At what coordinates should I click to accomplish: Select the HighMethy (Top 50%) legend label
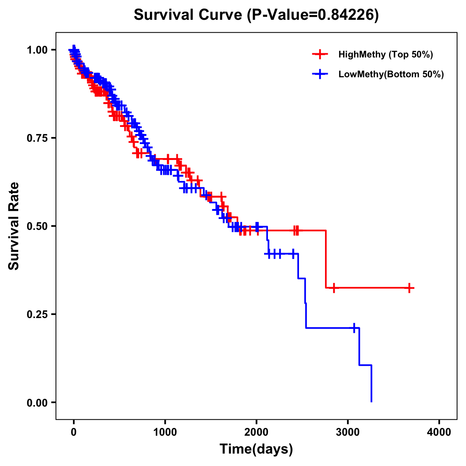click(385, 54)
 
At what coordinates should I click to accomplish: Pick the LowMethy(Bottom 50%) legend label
click(391, 74)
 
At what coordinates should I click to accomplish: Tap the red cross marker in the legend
click(320, 54)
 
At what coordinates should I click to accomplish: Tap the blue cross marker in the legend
click(320, 74)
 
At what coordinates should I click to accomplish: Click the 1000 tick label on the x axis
click(165, 432)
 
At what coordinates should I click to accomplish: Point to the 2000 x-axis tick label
click(256, 432)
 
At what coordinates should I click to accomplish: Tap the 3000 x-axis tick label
click(348, 432)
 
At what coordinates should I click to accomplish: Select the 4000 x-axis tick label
click(439, 432)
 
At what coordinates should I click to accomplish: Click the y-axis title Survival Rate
click(14, 226)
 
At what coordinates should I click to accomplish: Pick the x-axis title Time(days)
click(256, 449)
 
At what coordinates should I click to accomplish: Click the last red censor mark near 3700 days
click(409, 288)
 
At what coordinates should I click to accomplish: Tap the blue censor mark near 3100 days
click(354, 328)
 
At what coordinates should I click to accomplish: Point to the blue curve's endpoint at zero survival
click(372, 402)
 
